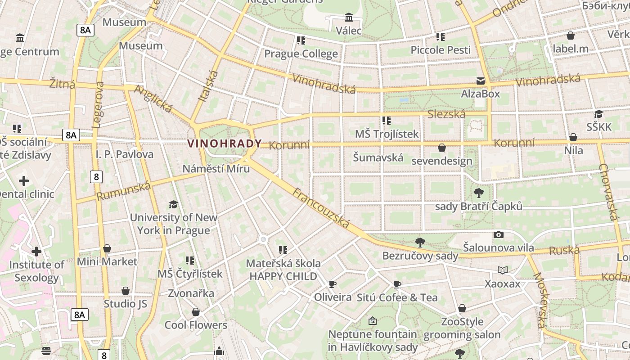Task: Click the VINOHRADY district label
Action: click(224, 144)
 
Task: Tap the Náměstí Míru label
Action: click(216, 169)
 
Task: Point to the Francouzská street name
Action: click(321, 208)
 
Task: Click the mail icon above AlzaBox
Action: click(481, 81)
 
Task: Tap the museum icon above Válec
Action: click(348, 18)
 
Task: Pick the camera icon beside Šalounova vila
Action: click(498, 234)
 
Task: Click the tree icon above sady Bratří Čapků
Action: click(478, 193)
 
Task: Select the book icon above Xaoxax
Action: click(502, 270)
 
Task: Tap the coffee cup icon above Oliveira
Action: click(332, 284)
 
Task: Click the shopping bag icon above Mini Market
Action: click(107, 248)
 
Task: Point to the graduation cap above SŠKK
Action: click(598, 114)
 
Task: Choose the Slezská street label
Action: click(446, 114)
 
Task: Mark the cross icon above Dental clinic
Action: click(24, 181)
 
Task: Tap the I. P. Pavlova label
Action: click(125, 154)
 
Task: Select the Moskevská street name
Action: click(539, 300)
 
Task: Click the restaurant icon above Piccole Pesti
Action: click(440, 37)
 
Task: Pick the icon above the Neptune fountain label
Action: click(372, 321)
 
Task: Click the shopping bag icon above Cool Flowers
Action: click(196, 312)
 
